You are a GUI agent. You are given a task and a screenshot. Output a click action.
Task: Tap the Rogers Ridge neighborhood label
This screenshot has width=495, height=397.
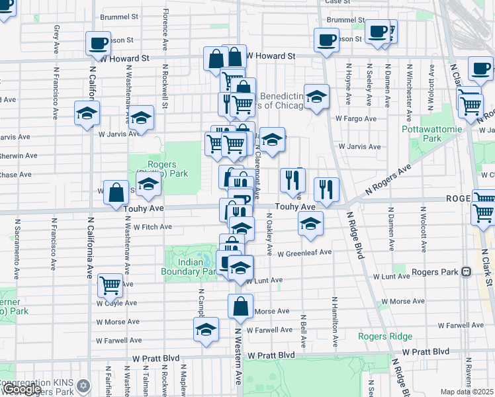click(385, 336)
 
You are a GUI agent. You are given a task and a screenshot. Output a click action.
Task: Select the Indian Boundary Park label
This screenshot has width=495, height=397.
click(188, 266)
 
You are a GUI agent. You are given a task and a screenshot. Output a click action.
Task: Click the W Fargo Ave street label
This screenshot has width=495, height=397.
click(355, 118)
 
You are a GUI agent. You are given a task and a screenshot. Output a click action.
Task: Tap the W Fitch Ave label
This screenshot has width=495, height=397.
click(152, 227)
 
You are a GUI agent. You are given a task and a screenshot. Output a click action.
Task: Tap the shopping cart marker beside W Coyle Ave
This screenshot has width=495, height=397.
click(110, 285)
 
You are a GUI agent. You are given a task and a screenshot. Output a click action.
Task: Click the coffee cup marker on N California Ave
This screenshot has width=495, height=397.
click(98, 43)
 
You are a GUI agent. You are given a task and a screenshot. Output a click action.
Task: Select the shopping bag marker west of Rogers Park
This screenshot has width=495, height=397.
click(116, 192)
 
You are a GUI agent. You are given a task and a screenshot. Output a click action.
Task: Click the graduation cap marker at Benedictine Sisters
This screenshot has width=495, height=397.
click(316, 96)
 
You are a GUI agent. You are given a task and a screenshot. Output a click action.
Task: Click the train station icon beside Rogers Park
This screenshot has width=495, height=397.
click(466, 271)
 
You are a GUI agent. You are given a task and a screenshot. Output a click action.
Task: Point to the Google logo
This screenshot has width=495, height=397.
click(21, 390)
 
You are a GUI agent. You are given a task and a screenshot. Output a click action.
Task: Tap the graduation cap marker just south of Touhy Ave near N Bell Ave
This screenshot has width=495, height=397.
click(310, 223)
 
